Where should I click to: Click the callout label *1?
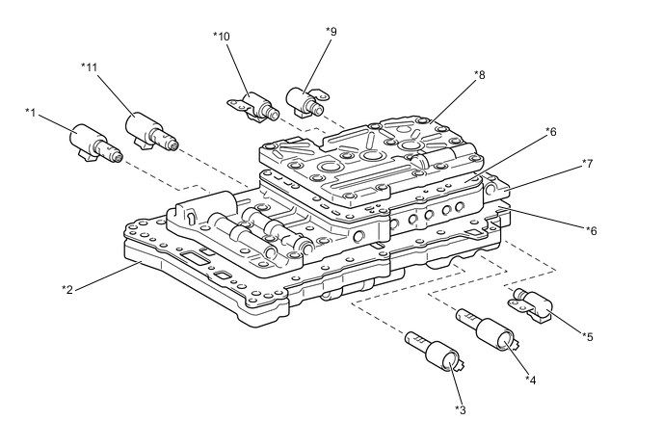(x=30, y=113)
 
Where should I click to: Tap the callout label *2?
(x=67, y=290)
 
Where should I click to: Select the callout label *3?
(x=461, y=409)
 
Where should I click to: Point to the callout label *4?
(x=531, y=380)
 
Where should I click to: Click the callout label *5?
(x=588, y=336)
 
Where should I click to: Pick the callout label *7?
(x=588, y=163)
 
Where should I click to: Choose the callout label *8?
(x=480, y=75)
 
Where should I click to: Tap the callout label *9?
(x=331, y=31)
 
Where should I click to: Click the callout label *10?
(x=221, y=37)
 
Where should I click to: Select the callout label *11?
(x=90, y=67)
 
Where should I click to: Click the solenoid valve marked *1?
(x=95, y=143)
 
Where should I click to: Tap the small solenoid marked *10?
(x=253, y=106)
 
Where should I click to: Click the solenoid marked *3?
(x=434, y=351)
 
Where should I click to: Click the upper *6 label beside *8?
(x=550, y=132)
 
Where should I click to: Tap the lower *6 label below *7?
(x=592, y=231)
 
